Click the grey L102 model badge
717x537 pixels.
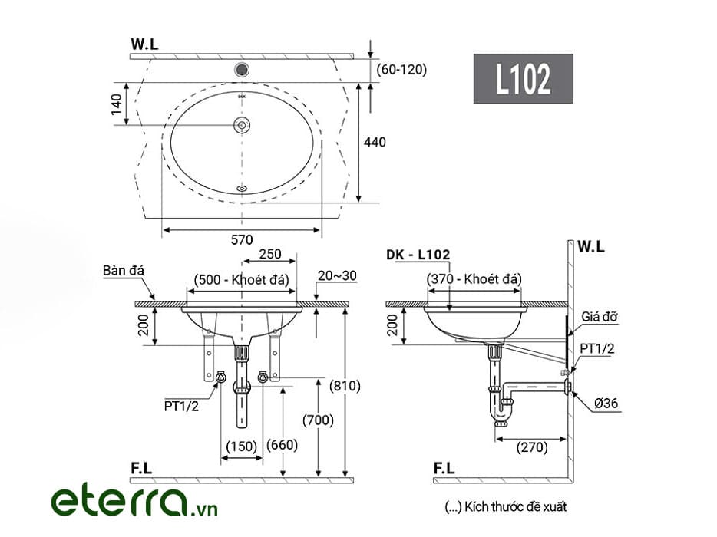click(x=523, y=78)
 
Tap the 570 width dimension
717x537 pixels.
click(x=242, y=239)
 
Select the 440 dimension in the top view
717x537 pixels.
click(x=375, y=142)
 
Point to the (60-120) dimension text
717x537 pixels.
click(x=401, y=70)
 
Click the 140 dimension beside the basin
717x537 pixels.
click(x=117, y=104)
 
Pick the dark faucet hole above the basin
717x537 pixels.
click(x=242, y=70)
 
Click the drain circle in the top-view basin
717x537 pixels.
click(x=242, y=125)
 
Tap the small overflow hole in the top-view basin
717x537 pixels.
click(x=242, y=188)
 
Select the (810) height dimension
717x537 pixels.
click(x=345, y=386)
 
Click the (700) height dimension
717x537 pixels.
click(x=319, y=420)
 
